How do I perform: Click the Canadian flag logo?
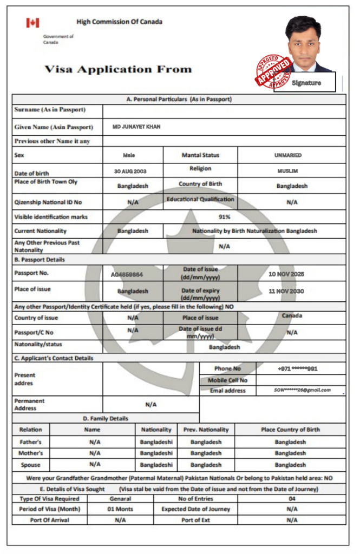32,23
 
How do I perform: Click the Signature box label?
306,83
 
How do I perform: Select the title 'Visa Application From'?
118,69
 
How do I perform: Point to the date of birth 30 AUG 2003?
130,171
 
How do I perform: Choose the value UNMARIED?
288,155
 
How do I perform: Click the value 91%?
225,217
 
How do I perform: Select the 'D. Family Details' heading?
106,418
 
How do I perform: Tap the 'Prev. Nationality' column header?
206,430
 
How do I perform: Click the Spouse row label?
30,464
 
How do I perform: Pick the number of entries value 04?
292,498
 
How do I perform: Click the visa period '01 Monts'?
120,509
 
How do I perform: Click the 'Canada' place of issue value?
292,315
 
